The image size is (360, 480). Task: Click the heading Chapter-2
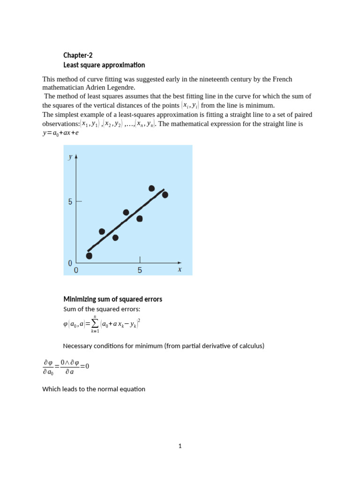pyautogui.click(x=78, y=55)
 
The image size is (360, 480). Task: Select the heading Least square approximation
pyautogui.click(x=104, y=65)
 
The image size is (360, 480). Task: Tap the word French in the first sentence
pyautogui.click(x=282, y=79)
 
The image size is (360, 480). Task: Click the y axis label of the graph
pyautogui.click(x=70, y=157)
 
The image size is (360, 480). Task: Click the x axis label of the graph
pyautogui.click(x=179, y=270)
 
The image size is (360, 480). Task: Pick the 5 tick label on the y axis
pyautogui.click(x=70, y=202)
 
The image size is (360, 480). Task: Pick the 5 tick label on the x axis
pyautogui.click(x=140, y=270)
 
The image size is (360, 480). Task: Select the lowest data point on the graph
pyautogui.click(x=89, y=256)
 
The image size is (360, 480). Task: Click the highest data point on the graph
pyautogui.click(x=151, y=188)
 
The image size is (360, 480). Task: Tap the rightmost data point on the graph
pyautogui.click(x=165, y=195)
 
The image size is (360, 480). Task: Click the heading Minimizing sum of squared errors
pyautogui.click(x=112, y=299)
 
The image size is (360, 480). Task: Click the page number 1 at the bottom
pyautogui.click(x=180, y=446)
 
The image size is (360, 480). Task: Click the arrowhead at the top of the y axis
pyautogui.click(x=76, y=157)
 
